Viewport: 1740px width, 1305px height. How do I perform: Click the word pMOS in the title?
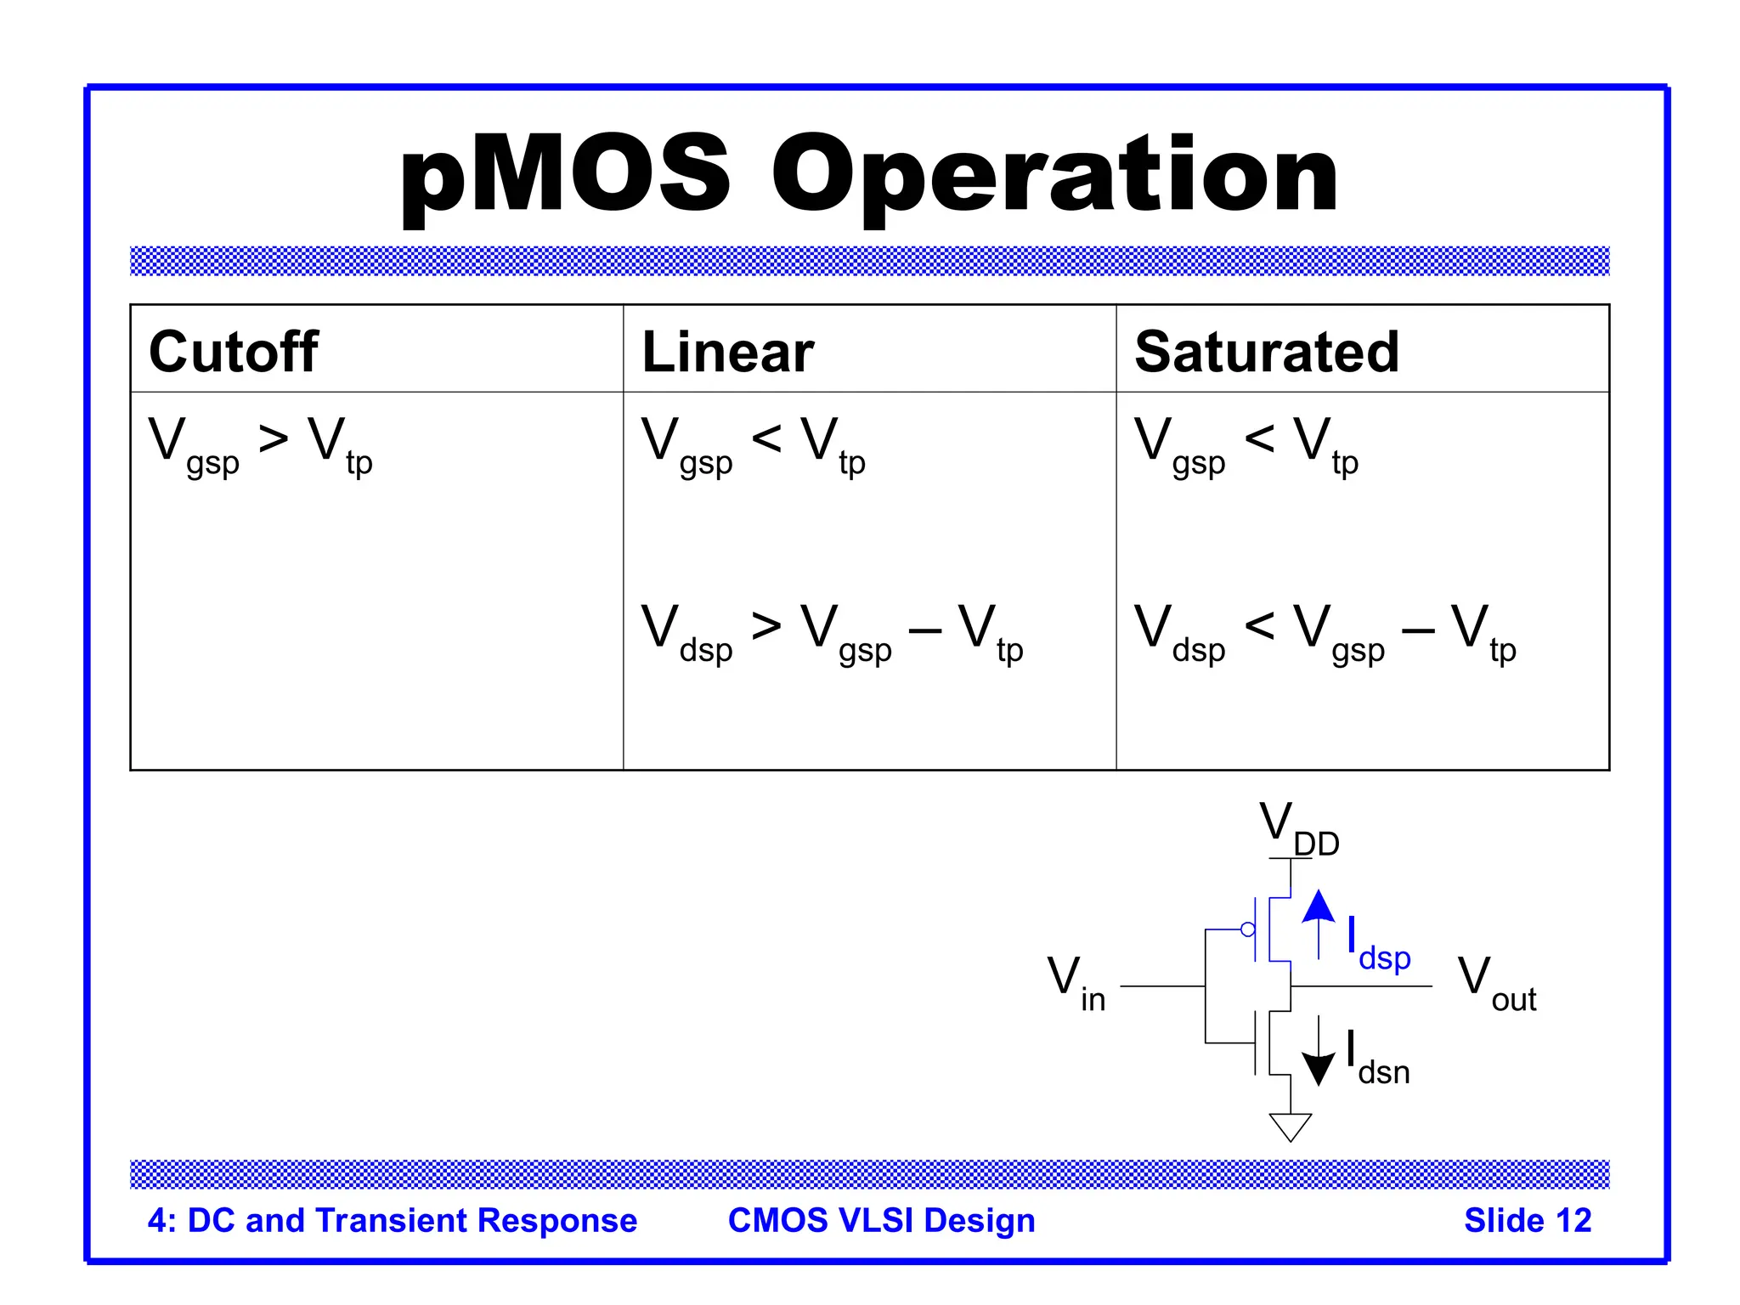565,176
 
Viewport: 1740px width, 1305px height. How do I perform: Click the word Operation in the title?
1054,176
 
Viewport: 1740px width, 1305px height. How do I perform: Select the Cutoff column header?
233,352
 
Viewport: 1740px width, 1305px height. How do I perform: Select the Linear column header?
727,352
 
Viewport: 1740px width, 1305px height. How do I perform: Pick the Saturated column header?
1266,352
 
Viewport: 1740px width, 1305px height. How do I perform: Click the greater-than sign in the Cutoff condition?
274,439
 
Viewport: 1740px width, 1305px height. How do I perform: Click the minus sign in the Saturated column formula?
1417,631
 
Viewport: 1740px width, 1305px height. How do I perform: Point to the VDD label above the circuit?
1297,828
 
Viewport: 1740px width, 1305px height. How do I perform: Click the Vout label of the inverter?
1496,983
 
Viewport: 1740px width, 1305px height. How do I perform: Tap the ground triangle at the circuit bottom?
1290,1126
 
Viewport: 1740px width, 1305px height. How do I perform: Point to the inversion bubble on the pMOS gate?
1247,929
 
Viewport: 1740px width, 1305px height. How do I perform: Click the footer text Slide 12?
1527,1220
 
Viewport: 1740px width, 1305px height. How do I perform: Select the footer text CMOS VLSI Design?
881,1220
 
